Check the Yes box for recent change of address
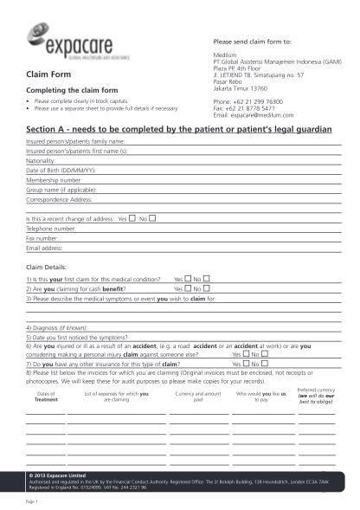(x=132, y=219)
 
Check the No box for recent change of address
(x=153, y=219)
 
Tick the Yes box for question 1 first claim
(x=189, y=279)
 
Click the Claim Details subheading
(x=48, y=268)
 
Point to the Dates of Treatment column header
(x=46, y=397)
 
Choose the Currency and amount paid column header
(x=198, y=397)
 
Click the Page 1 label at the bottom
(x=33, y=500)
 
